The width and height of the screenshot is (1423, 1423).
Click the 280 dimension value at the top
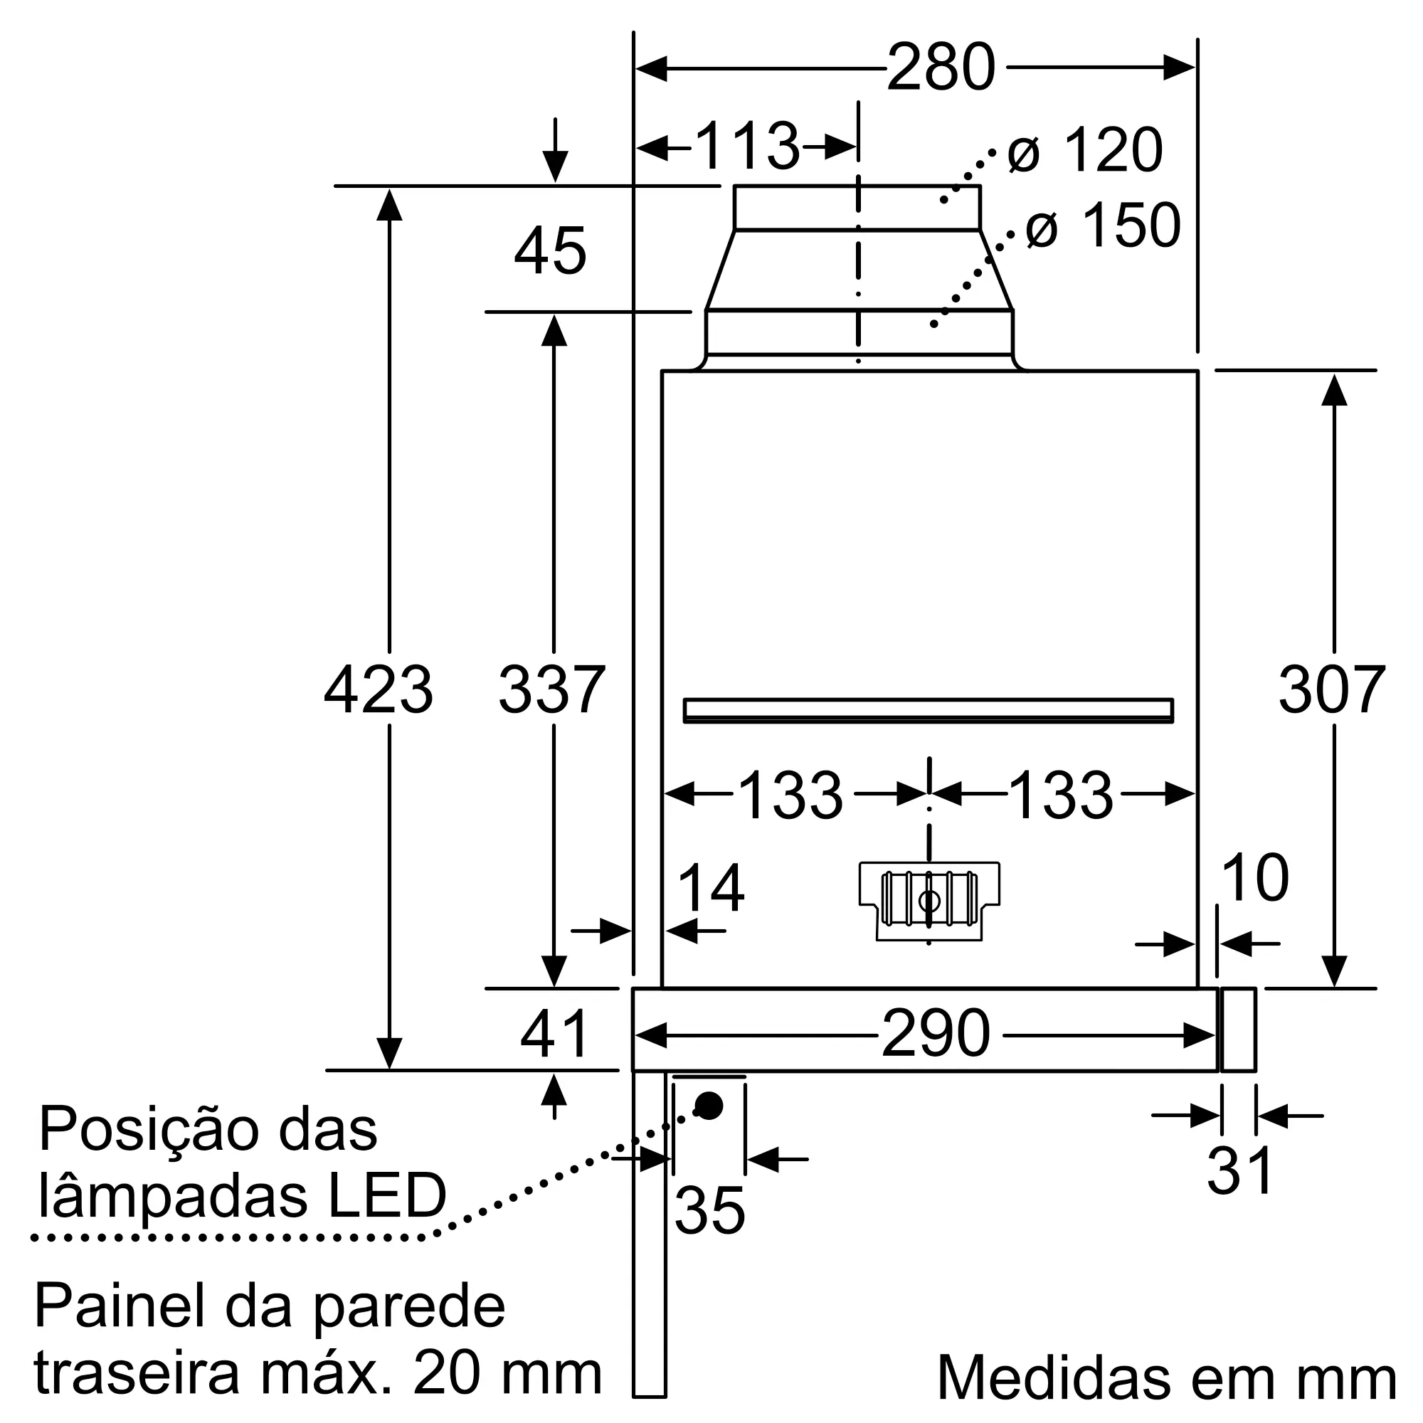point(941,68)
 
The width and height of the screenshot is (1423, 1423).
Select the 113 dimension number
point(746,147)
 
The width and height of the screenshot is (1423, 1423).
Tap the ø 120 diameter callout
point(1086,150)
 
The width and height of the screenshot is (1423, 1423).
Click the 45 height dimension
point(550,251)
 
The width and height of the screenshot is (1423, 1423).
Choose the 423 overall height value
point(379,690)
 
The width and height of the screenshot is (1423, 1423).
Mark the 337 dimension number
point(551,690)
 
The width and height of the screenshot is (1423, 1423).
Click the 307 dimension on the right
point(1332,690)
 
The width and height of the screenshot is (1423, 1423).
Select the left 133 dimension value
point(790,795)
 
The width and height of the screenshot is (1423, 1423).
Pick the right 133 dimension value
point(1061,795)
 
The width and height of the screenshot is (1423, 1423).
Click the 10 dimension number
point(1254,878)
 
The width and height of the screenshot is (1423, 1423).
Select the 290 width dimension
point(936,1034)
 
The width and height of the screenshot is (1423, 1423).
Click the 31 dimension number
point(1239,1171)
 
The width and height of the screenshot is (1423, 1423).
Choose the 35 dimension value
point(709,1211)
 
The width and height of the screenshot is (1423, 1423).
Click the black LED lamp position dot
point(709,1106)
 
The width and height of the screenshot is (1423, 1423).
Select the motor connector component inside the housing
point(929,901)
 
